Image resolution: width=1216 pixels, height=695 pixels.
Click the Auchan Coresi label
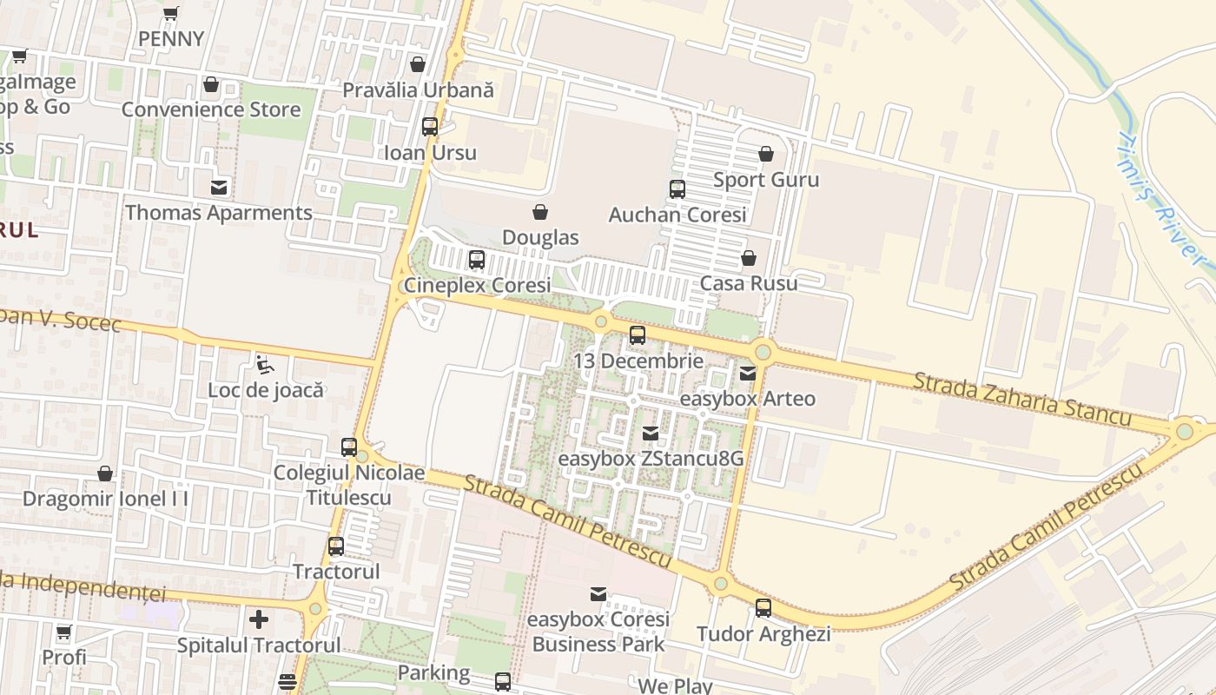[677, 215]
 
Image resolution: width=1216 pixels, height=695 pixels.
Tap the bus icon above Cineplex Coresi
[476, 259]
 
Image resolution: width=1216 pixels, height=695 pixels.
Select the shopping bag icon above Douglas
[540, 212]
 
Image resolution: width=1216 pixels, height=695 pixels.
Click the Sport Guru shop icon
[765, 155]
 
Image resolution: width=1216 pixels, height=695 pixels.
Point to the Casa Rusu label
[748, 283]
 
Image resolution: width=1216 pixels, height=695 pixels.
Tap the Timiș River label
[1161, 199]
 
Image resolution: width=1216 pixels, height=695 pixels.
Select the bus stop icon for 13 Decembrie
[638, 335]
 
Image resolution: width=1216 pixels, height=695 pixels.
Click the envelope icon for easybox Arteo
[747, 374]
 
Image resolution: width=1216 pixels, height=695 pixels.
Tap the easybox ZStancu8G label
[650, 458]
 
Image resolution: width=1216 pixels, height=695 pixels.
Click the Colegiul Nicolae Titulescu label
[348, 485]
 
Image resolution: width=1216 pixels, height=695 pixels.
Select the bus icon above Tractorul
[336, 546]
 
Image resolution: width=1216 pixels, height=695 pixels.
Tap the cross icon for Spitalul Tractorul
[258, 619]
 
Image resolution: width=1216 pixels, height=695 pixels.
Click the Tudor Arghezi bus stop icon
[763, 608]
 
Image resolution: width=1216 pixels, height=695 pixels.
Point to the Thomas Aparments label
[218, 213]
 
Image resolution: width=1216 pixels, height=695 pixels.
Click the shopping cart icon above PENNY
[171, 13]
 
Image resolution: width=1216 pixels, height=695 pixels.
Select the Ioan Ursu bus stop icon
[430, 127]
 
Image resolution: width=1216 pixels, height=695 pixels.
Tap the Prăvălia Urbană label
[417, 89]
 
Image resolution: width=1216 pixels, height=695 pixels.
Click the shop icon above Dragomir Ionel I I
[105, 473]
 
